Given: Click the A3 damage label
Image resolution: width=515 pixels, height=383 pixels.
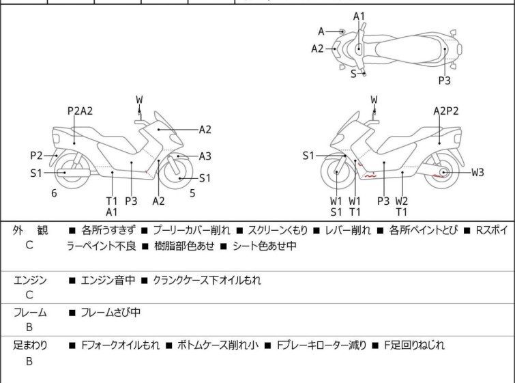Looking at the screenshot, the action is click(205, 156).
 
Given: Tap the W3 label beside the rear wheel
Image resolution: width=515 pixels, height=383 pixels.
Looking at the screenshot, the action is click(477, 172).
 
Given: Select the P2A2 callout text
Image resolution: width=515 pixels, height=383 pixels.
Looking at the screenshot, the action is click(80, 111).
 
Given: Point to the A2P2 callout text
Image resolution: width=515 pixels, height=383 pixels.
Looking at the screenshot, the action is click(445, 111).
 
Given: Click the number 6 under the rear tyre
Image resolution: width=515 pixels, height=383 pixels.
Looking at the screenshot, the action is click(54, 193).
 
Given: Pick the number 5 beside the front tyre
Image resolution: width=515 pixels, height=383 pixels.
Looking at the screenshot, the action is click(192, 193).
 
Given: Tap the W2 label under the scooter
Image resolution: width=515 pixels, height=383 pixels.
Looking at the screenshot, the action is click(401, 201).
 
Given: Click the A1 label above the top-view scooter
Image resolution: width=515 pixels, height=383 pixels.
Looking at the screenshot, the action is click(359, 16).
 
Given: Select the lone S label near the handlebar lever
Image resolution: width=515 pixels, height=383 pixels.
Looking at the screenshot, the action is click(353, 74).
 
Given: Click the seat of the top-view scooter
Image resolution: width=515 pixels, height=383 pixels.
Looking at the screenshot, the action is click(409, 49).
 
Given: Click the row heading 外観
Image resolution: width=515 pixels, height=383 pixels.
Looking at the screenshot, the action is click(30, 231).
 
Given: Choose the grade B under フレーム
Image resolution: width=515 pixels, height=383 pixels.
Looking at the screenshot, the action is click(29, 327).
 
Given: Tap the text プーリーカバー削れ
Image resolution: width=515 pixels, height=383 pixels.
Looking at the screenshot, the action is click(192, 231).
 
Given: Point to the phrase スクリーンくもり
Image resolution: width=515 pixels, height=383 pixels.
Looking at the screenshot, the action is click(278, 231).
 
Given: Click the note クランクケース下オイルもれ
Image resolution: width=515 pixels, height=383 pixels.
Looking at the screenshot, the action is click(207, 281).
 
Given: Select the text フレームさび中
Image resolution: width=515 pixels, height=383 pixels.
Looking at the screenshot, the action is click(111, 312).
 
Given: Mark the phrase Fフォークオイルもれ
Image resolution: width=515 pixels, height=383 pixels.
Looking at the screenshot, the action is click(120, 345).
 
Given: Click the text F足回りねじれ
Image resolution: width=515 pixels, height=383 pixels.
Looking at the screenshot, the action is click(415, 345).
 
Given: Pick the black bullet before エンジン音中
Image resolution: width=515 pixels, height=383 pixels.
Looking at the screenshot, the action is click(72, 281).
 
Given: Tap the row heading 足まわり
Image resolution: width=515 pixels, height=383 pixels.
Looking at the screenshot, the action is click(30, 345).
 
